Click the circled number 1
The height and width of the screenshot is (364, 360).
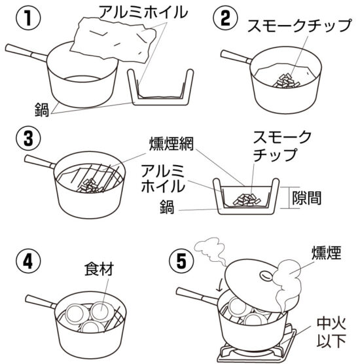[28, 18]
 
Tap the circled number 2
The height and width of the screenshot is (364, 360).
[226, 18]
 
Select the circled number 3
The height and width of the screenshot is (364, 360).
[28, 139]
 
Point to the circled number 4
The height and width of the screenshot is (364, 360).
[28, 261]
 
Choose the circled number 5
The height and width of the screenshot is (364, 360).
[181, 261]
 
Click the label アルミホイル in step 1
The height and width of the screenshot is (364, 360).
[143, 12]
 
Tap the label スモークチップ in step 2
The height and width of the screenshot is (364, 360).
[299, 25]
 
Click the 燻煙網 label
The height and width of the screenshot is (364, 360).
[171, 144]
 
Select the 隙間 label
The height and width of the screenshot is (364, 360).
[306, 198]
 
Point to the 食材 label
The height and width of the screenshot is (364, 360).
[99, 269]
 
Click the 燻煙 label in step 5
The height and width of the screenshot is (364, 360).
[327, 253]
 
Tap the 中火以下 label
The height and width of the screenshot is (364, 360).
[331, 333]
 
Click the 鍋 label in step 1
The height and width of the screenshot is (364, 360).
[42, 109]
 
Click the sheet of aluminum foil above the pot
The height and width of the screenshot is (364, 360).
[113, 41]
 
